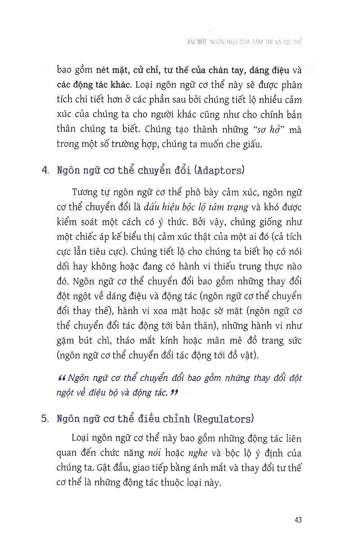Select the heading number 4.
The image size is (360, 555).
coord(44,171)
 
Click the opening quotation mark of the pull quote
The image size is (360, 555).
coord(63,378)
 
